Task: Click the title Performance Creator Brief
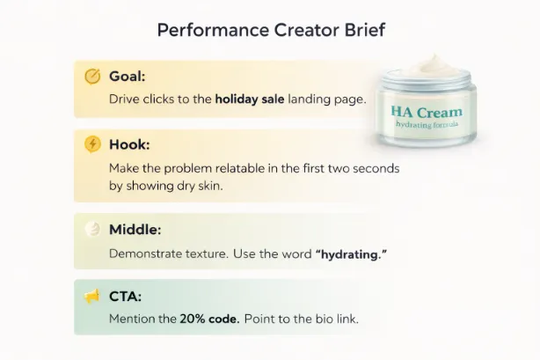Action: pyautogui.click(x=270, y=30)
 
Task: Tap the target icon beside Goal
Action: pyautogui.click(x=92, y=76)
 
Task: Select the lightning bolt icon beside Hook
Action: pyautogui.click(x=92, y=143)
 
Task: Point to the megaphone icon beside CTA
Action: pyautogui.click(x=92, y=297)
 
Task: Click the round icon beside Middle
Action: pyautogui.click(x=92, y=230)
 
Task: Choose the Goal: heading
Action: pyautogui.click(x=128, y=77)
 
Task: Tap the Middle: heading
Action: pyautogui.click(x=135, y=230)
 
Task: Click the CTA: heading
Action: pyautogui.click(x=126, y=297)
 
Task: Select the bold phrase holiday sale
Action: pyautogui.click(x=249, y=99)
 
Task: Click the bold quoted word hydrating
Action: pyautogui.click(x=351, y=253)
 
